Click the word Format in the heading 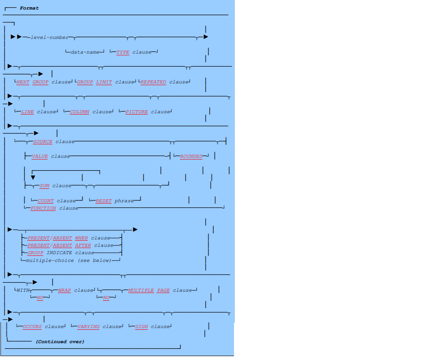(29, 8)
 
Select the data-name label (84, 52)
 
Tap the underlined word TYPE (123, 52)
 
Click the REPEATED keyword (153, 82)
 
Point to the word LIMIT (104, 82)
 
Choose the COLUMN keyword (80, 112)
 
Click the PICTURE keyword (137, 112)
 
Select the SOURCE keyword (43, 142)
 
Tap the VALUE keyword (40, 156)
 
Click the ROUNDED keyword (191, 156)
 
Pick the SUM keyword (44, 186)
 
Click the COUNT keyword (45, 201)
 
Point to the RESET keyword (103, 201)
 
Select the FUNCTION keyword (43, 208)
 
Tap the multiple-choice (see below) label (68, 261)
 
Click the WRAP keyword (64, 290)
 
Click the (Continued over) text (60, 342)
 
